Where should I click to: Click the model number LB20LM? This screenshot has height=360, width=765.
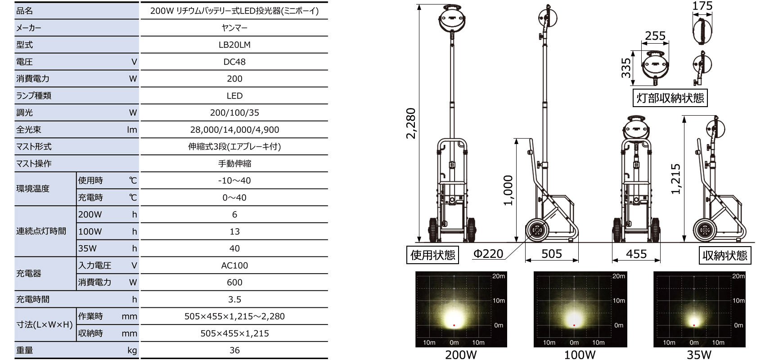pos(234,45)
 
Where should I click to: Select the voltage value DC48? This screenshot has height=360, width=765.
pos(234,62)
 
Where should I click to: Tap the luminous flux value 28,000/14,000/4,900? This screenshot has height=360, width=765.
pos(234,130)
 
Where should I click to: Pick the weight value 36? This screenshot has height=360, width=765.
pos(234,350)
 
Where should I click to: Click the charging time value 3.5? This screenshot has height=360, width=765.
pos(234,300)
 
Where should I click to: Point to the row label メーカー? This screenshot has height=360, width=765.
pos(29,28)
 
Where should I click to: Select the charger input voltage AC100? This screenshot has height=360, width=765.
pos(234,265)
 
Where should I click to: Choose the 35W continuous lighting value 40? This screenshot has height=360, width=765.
pos(234,248)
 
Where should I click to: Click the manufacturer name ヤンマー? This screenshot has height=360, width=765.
pos(234,28)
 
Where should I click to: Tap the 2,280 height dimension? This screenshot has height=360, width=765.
pos(410,123)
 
